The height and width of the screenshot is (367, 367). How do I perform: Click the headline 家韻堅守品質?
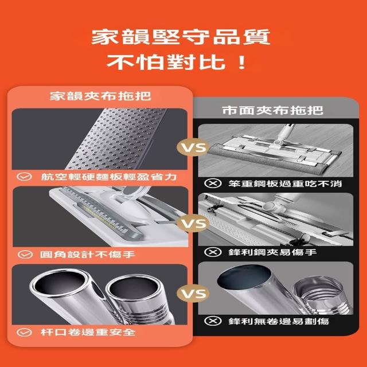point(181,37)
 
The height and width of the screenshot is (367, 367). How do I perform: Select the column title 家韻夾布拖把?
point(100,96)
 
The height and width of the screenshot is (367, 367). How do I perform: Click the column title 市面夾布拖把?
point(273,110)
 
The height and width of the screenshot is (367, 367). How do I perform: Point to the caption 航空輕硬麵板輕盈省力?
point(109,177)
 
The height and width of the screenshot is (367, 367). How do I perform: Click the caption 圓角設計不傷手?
point(87,255)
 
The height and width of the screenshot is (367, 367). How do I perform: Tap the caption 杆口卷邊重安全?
point(88,332)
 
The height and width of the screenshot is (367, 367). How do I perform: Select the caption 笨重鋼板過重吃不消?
point(285,183)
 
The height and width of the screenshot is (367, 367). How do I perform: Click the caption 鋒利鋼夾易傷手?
point(272,252)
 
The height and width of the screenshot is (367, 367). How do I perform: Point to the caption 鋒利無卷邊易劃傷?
point(279,321)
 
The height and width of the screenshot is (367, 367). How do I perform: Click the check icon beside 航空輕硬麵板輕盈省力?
point(24,177)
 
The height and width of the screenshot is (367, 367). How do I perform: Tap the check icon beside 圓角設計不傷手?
point(25,255)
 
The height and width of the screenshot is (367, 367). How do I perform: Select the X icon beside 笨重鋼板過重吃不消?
point(213,183)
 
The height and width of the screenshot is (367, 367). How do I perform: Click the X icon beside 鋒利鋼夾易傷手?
point(213,252)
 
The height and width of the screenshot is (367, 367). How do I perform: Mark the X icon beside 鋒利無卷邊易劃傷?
point(213,321)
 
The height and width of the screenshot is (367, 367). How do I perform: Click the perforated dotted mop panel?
point(117,139)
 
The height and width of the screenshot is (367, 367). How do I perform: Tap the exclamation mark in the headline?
point(241,63)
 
